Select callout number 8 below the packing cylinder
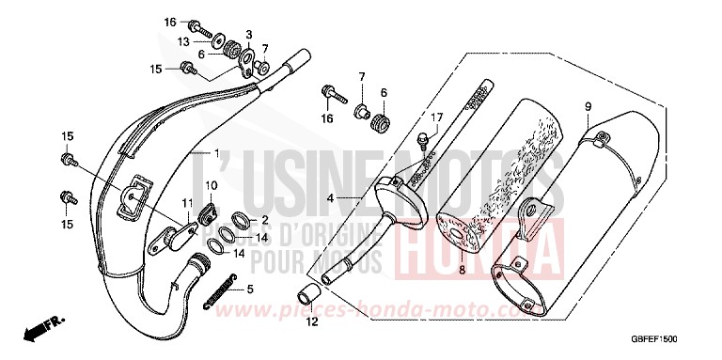(462, 270)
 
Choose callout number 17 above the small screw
(434, 117)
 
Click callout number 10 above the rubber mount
(211, 184)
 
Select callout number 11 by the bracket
(187, 204)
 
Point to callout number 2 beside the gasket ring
(265, 219)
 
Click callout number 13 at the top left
(183, 41)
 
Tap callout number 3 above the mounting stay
(250, 34)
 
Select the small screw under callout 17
(423, 139)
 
